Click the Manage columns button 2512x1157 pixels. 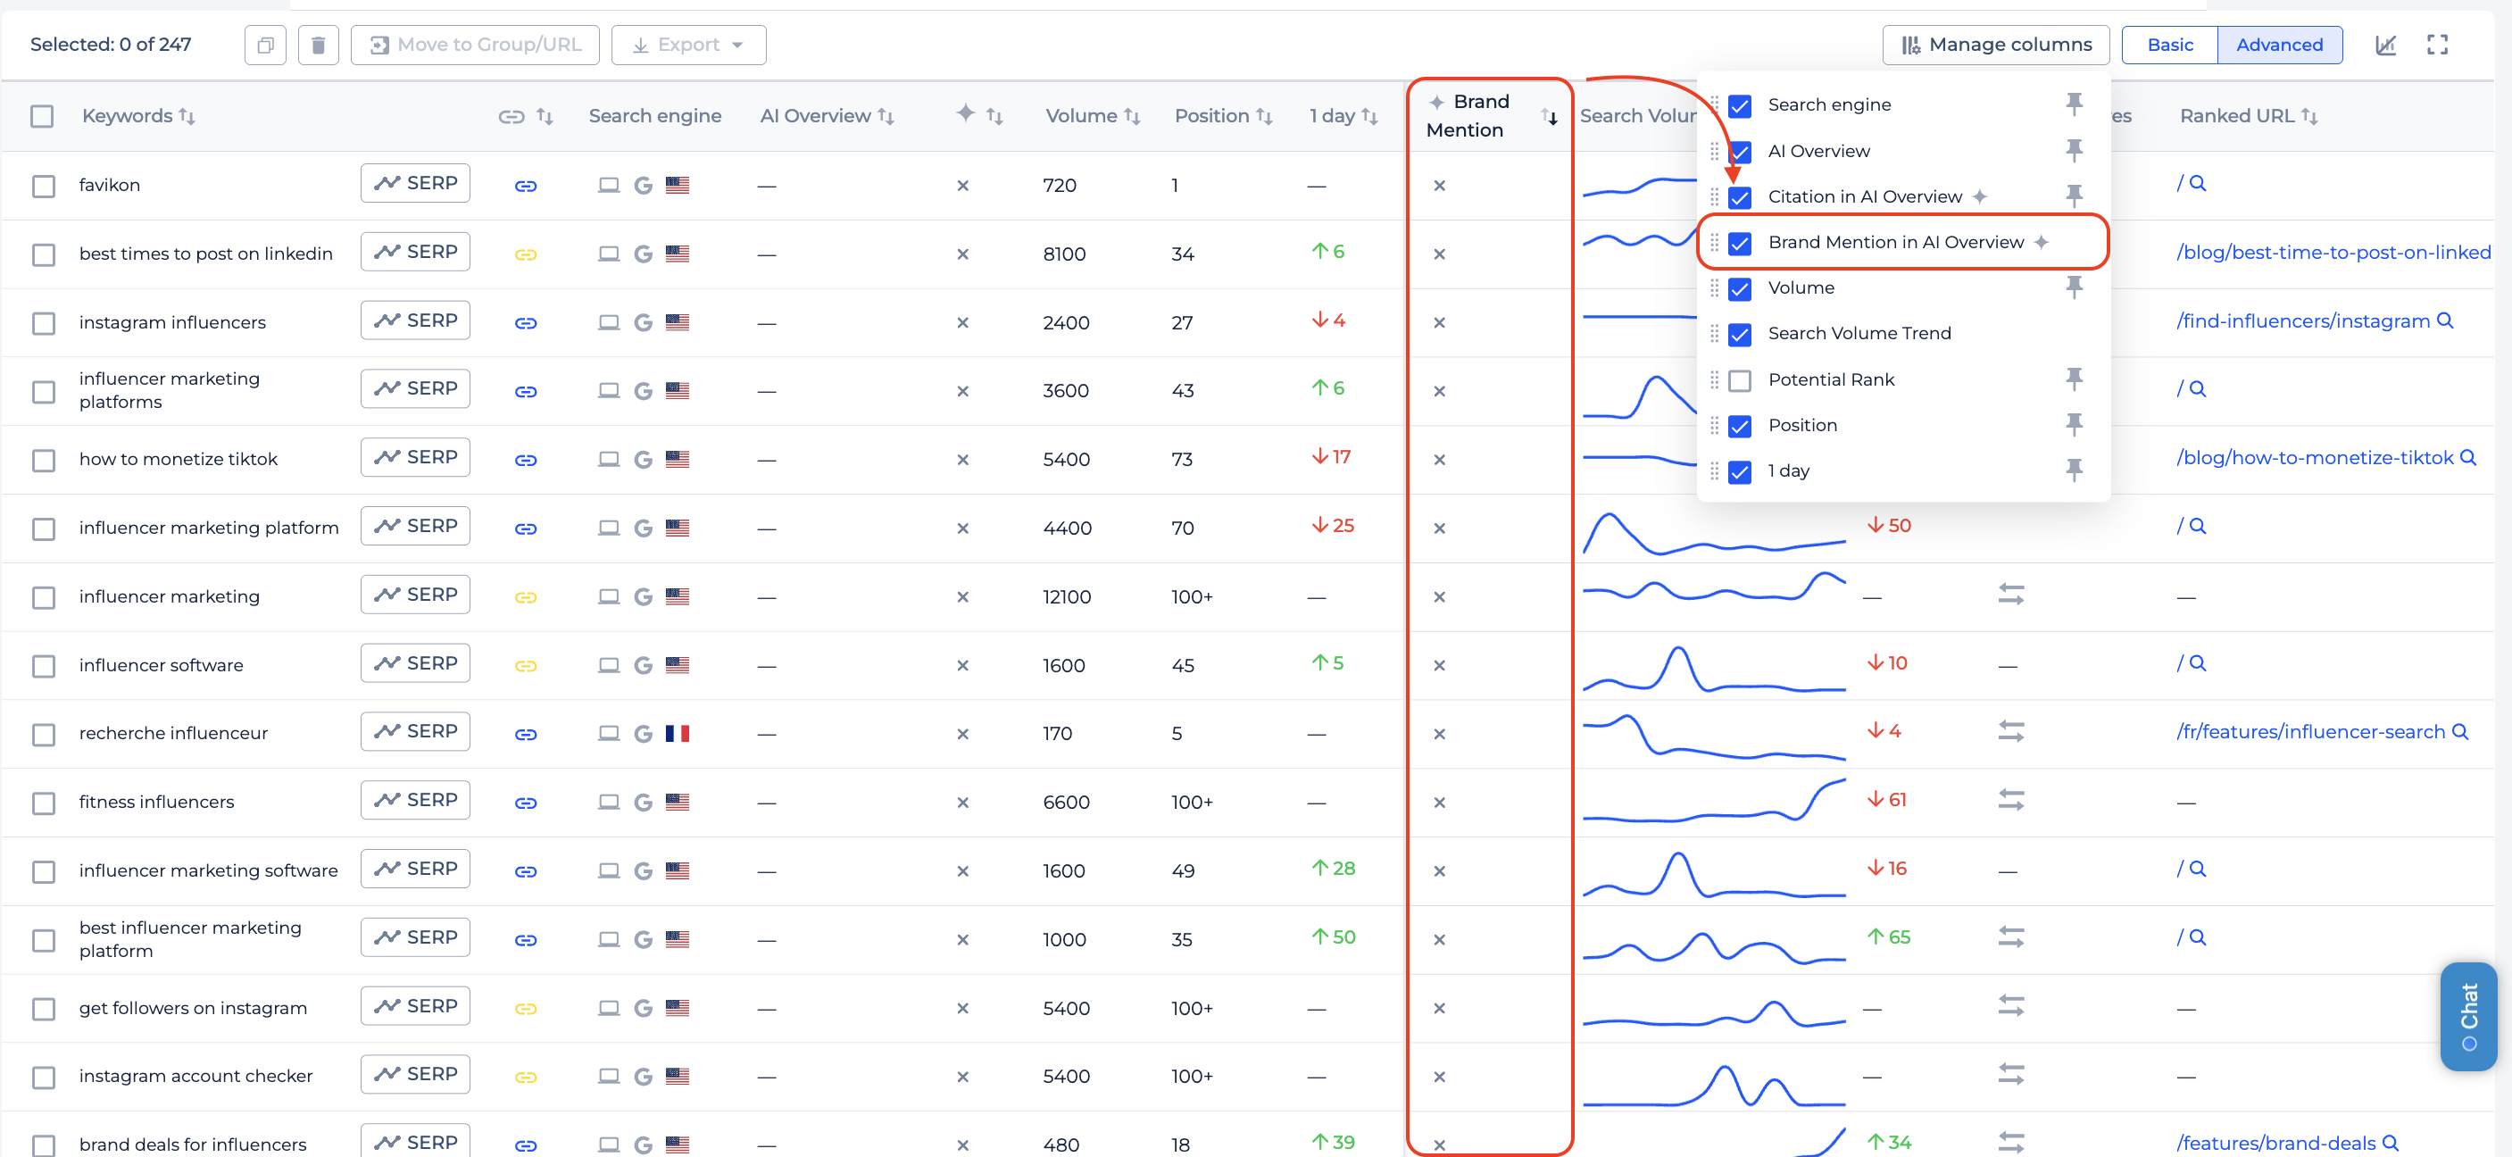[1995, 45]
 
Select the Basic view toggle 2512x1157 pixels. [2170, 45]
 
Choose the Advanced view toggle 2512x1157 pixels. [2279, 45]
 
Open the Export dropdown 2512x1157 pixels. [688, 45]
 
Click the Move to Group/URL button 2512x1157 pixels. [475, 45]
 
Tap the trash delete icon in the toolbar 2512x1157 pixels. [318, 45]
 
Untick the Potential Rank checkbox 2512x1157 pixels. [1740, 380]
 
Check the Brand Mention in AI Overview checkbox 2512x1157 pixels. [1740, 243]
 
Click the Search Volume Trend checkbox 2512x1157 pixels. [1740, 335]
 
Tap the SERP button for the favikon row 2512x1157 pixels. [415, 183]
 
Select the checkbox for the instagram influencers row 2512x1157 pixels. [43, 323]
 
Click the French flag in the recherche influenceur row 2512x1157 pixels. [678, 734]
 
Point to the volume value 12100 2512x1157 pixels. [1067, 597]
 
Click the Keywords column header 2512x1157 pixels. [128, 116]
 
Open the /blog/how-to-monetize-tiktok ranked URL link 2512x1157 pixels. [2314, 457]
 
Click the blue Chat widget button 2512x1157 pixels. [2468, 1017]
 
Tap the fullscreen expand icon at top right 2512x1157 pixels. [2437, 45]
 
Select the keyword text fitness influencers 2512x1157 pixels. [157, 802]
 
